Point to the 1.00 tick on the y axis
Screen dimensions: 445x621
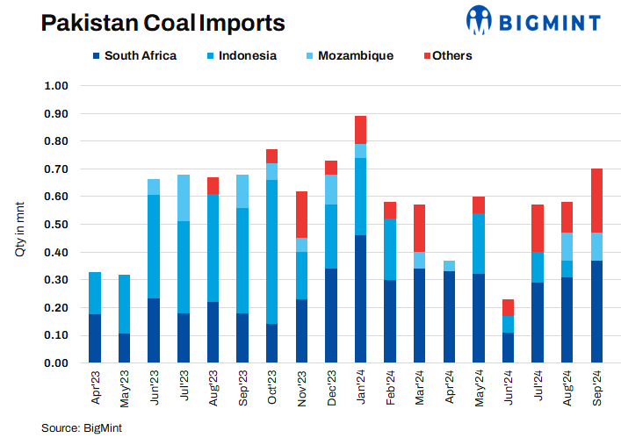[55, 86]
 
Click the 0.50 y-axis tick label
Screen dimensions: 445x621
[55, 225]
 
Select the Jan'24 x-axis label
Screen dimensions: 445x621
[361, 387]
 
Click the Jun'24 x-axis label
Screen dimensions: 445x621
[509, 387]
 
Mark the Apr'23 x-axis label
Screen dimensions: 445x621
[96, 387]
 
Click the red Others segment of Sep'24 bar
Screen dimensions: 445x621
[597, 200]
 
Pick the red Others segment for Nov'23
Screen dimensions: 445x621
[301, 214]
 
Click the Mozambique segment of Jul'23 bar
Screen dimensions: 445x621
[184, 197]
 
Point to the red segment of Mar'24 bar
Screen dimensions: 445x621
[420, 228]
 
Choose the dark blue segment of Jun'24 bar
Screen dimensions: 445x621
[509, 347]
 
